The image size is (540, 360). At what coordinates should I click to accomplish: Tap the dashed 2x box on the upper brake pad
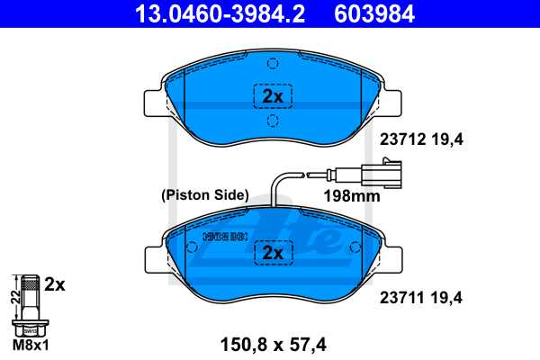(272, 95)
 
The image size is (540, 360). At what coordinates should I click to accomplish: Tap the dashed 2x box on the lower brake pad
(272, 255)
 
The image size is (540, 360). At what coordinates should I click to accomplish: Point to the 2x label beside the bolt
(55, 285)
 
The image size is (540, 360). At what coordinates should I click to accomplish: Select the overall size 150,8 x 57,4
(272, 342)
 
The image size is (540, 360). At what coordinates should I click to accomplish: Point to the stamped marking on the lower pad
(225, 237)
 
